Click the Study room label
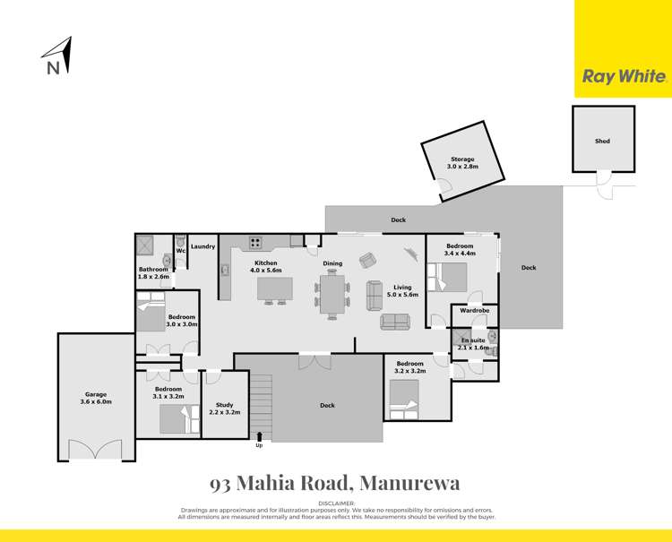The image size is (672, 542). coord(219,409)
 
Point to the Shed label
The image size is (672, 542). coord(602,141)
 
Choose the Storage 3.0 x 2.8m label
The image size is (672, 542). coord(463,163)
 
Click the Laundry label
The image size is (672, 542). coord(202,246)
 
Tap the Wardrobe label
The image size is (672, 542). coord(474,310)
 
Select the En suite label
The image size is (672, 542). coord(474,343)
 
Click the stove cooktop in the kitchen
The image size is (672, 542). coord(254,241)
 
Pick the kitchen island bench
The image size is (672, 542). coord(276,288)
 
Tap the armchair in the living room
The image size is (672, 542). coord(368,260)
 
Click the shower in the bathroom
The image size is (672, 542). coord(146,245)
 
